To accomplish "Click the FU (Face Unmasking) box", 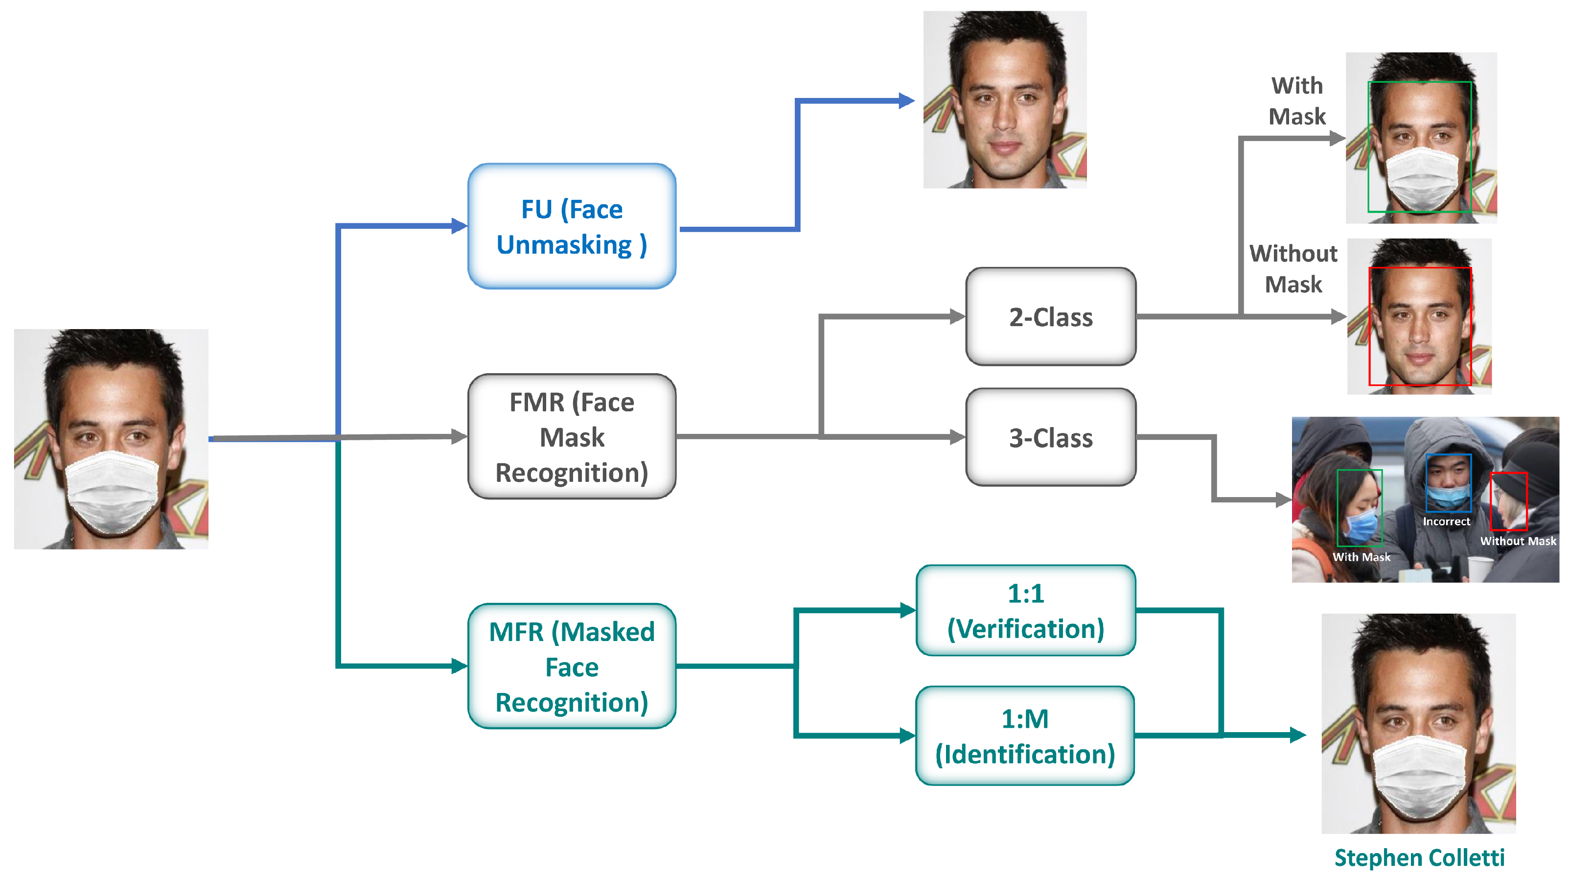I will coord(572,226).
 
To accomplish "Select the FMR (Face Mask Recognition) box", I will coord(572,436).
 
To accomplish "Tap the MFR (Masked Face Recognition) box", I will coord(572,667).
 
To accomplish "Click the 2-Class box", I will coord(1051,317).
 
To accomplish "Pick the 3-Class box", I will coord(1051,438).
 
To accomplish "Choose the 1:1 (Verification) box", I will coord(1026,611).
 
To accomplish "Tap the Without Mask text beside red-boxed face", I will coord(1293,269).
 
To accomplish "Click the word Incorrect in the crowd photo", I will coord(1446,522).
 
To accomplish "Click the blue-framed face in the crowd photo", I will coord(1448,483).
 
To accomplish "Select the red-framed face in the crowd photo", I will coord(1508,501).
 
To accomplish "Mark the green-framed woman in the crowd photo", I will coord(1359,508).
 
